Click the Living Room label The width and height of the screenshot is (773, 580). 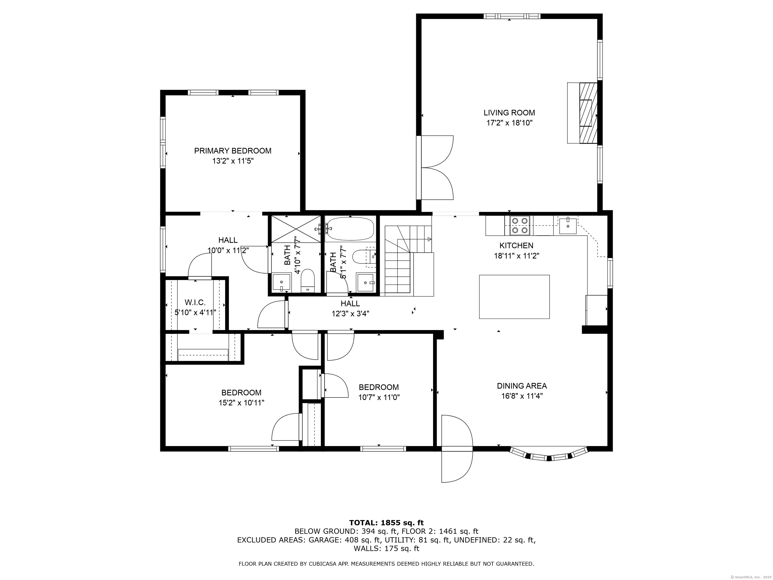(x=509, y=113)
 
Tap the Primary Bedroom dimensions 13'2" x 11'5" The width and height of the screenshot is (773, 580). (x=233, y=161)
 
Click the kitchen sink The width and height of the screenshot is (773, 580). (x=567, y=226)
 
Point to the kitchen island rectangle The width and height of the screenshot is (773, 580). (x=514, y=297)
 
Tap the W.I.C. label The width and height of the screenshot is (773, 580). (x=195, y=302)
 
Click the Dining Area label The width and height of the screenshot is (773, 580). (x=522, y=386)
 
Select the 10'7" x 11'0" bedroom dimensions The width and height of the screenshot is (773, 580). (x=379, y=397)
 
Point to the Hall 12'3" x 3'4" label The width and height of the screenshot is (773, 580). (x=350, y=309)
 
